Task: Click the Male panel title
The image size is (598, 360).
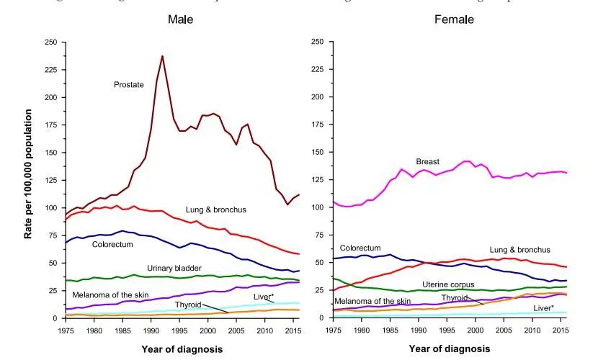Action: tap(180, 19)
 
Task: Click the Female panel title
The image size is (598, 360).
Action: tap(454, 19)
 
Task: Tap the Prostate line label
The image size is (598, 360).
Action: tap(129, 85)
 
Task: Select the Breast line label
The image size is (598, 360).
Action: tap(427, 162)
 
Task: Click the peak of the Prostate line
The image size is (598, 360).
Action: tap(162, 56)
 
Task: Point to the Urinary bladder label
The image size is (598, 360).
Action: tap(174, 268)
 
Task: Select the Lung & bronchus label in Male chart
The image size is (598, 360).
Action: tap(216, 210)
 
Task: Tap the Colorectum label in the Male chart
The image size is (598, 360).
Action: tap(113, 244)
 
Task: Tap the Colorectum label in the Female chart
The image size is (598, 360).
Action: tap(360, 248)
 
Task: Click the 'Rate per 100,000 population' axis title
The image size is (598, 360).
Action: tap(29, 180)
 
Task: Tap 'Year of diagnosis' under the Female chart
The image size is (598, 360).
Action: tap(449, 349)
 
